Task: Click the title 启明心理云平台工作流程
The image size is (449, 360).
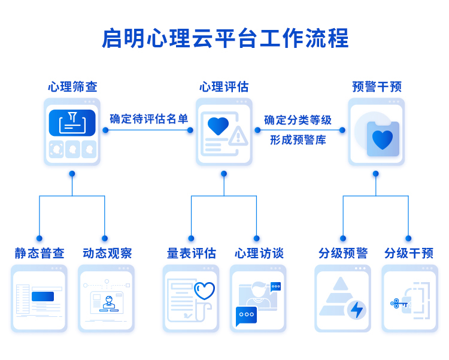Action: [225, 38]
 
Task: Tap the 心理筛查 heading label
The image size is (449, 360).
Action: [72, 87]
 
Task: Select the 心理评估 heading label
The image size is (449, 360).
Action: [224, 87]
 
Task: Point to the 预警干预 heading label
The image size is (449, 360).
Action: [377, 87]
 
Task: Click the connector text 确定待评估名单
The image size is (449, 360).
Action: [148, 119]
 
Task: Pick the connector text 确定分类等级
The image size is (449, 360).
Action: [298, 120]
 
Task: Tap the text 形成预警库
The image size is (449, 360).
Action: [298, 140]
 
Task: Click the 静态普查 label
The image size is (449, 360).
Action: [40, 253]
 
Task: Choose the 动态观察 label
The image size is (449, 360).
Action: [107, 253]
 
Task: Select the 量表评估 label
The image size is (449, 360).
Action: [192, 253]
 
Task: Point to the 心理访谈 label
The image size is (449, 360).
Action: [259, 253]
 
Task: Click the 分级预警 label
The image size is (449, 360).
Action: [343, 253]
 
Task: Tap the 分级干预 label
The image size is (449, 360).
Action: [409, 253]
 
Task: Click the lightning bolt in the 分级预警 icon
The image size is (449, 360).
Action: [357, 310]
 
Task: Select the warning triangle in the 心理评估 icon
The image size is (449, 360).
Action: [238, 135]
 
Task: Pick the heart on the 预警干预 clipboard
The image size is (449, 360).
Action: [383, 140]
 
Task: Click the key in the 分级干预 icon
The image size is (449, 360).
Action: [399, 303]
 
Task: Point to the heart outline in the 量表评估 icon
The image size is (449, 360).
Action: [205, 291]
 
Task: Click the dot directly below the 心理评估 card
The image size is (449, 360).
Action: [224, 174]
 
